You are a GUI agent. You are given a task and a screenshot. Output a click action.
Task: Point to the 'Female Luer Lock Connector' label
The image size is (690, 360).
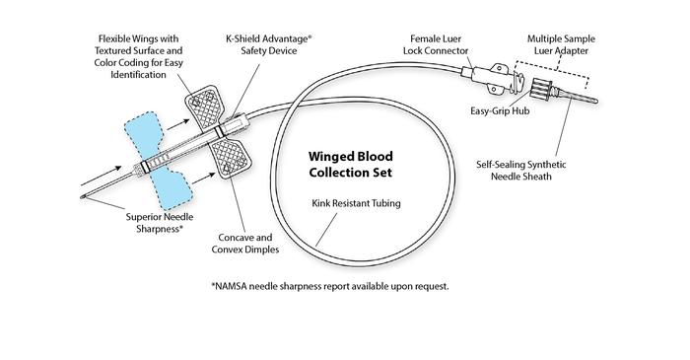(x=442, y=45)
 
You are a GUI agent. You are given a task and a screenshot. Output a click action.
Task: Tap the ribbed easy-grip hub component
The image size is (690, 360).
(x=545, y=88)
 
